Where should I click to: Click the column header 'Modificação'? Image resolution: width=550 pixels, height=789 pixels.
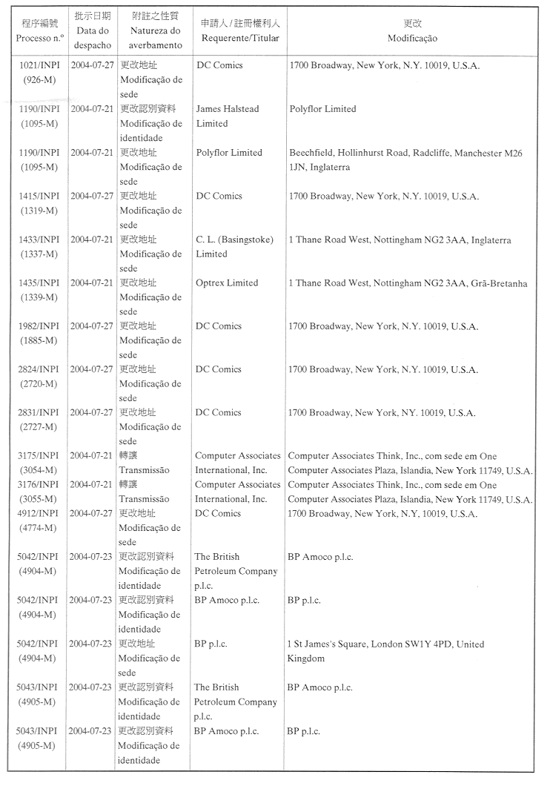412,38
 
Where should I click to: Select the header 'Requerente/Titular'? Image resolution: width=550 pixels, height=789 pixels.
239,38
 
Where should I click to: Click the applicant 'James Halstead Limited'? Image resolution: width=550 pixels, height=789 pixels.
228,116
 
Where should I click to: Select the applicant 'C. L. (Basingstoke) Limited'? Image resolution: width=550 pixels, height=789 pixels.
234,247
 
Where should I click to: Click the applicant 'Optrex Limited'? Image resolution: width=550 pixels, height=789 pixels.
227,283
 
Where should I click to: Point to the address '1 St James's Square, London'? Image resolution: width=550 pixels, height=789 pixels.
385,651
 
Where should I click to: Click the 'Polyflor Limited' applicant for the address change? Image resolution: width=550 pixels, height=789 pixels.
229,153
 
